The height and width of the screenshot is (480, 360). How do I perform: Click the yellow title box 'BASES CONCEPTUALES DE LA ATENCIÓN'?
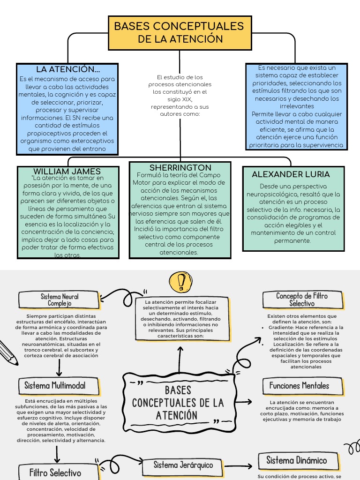pyautogui.click(x=180, y=32)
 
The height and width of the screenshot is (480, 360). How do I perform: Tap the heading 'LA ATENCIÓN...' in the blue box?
pyautogui.click(x=68, y=69)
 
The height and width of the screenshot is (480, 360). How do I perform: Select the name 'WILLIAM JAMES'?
pyautogui.click(x=67, y=172)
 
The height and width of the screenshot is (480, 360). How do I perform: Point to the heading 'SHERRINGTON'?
pyautogui.click(x=180, y=167)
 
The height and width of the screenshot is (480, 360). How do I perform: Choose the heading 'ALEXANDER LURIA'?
pyautogui.click(x=291, y=174)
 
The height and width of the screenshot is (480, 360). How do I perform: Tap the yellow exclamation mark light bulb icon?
pyautogui.click(x=180, y=282)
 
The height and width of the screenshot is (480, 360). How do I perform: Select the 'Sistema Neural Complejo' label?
pyautogui.click(x=60, y=300)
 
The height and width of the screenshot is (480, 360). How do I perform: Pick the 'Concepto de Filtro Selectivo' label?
pyautogui.click(x=301, y=300)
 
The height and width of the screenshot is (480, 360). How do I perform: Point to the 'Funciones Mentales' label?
pyautogui.click(x=299, y=386)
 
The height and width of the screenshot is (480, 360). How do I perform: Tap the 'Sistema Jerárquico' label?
pyautogui.click(x=183, y=465)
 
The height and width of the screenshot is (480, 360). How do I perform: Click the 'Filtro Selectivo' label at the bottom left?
pyautogui.click(x=55, y=472)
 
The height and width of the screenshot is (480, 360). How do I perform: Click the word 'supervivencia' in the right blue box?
pyautogui.click(x=323, y=145)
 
